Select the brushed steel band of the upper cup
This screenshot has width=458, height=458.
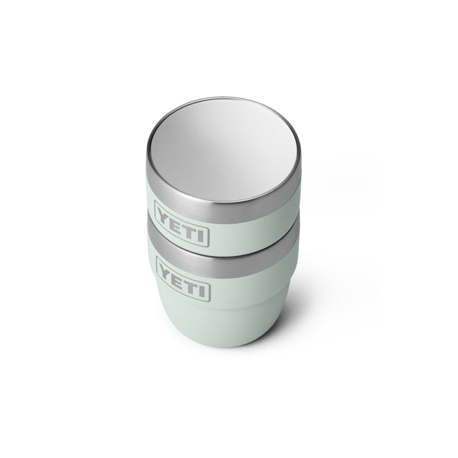pyautogui.click(x=222, y=202)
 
